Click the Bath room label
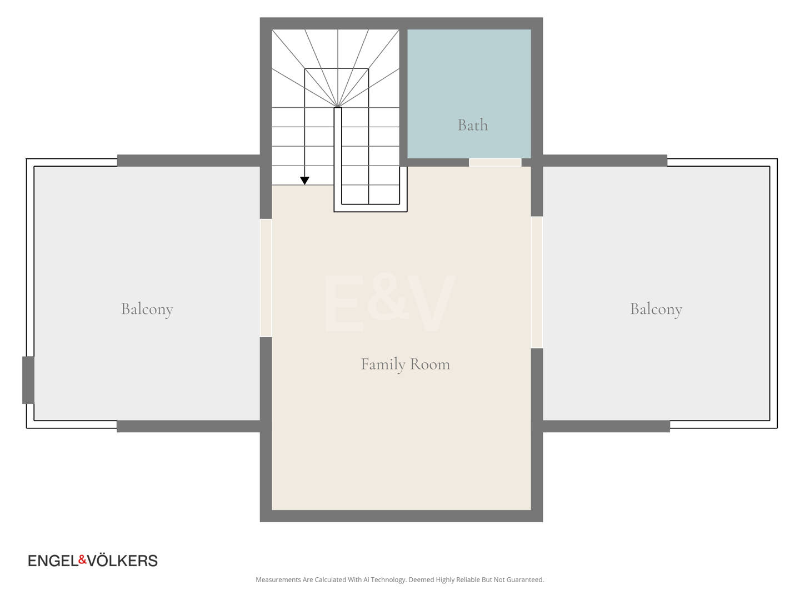coord(472,125)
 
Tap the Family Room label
coord(405,364)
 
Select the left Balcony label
coord(147,309)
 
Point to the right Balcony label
coord(656,309)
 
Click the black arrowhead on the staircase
coord(304,181)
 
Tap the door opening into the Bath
coord(495,162)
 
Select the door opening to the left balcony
coord(266,278)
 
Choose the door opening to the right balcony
coord(537,282)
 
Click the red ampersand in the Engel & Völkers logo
coord(83,559)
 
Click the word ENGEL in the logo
coord(53,561)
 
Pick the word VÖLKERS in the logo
coord(122,560)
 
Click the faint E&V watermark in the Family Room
coord(389,303)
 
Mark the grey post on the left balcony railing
coord(28,380)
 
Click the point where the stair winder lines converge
coord(337,107)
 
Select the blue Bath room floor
coord(469,94)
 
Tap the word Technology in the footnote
coord(388,579)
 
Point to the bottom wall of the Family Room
coord(401,516)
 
